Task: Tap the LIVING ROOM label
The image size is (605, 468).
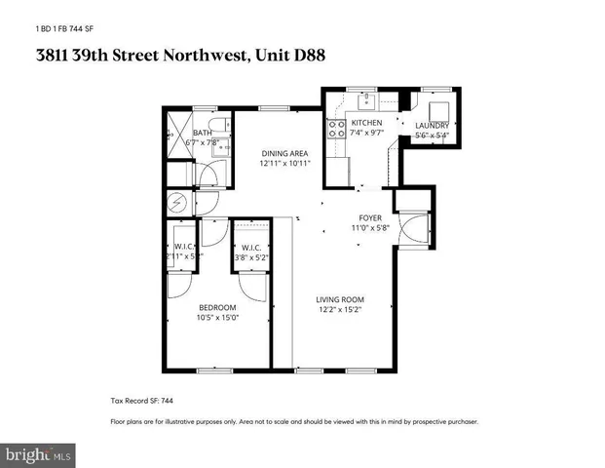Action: pos(340,299)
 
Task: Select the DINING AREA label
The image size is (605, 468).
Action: pos(284,153)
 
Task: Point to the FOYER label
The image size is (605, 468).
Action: pos(370,217)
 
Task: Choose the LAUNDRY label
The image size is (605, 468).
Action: pos(432,126)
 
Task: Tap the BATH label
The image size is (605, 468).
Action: pos(203,133)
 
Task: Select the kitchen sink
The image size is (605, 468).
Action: pos(367,98)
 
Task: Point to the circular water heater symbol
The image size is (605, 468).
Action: pos(177,203)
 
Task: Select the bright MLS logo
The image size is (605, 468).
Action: pos(39,454)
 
